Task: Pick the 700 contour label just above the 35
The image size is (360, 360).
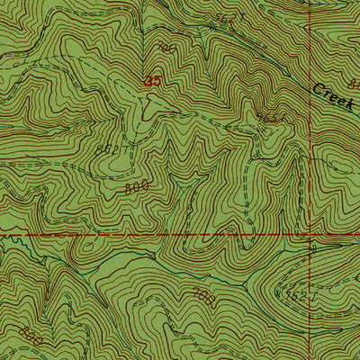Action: point(164,46)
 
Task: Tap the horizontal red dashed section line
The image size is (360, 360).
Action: point(135,236)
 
